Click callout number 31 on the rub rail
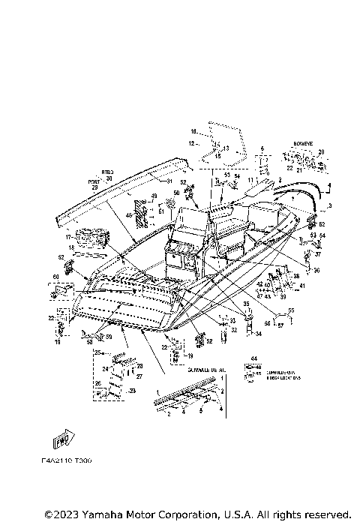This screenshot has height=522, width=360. pyautogui.click(x=169, y=181)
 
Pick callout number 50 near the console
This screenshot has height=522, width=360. pyautogui.click(x=177, y=193)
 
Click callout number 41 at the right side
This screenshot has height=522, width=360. pyautogui.click(x=301, y=286)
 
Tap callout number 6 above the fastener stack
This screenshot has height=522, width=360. pyautogui.click(x=262, y=148)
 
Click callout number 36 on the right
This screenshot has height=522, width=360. pyautogui.click(x=316, y=271)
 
